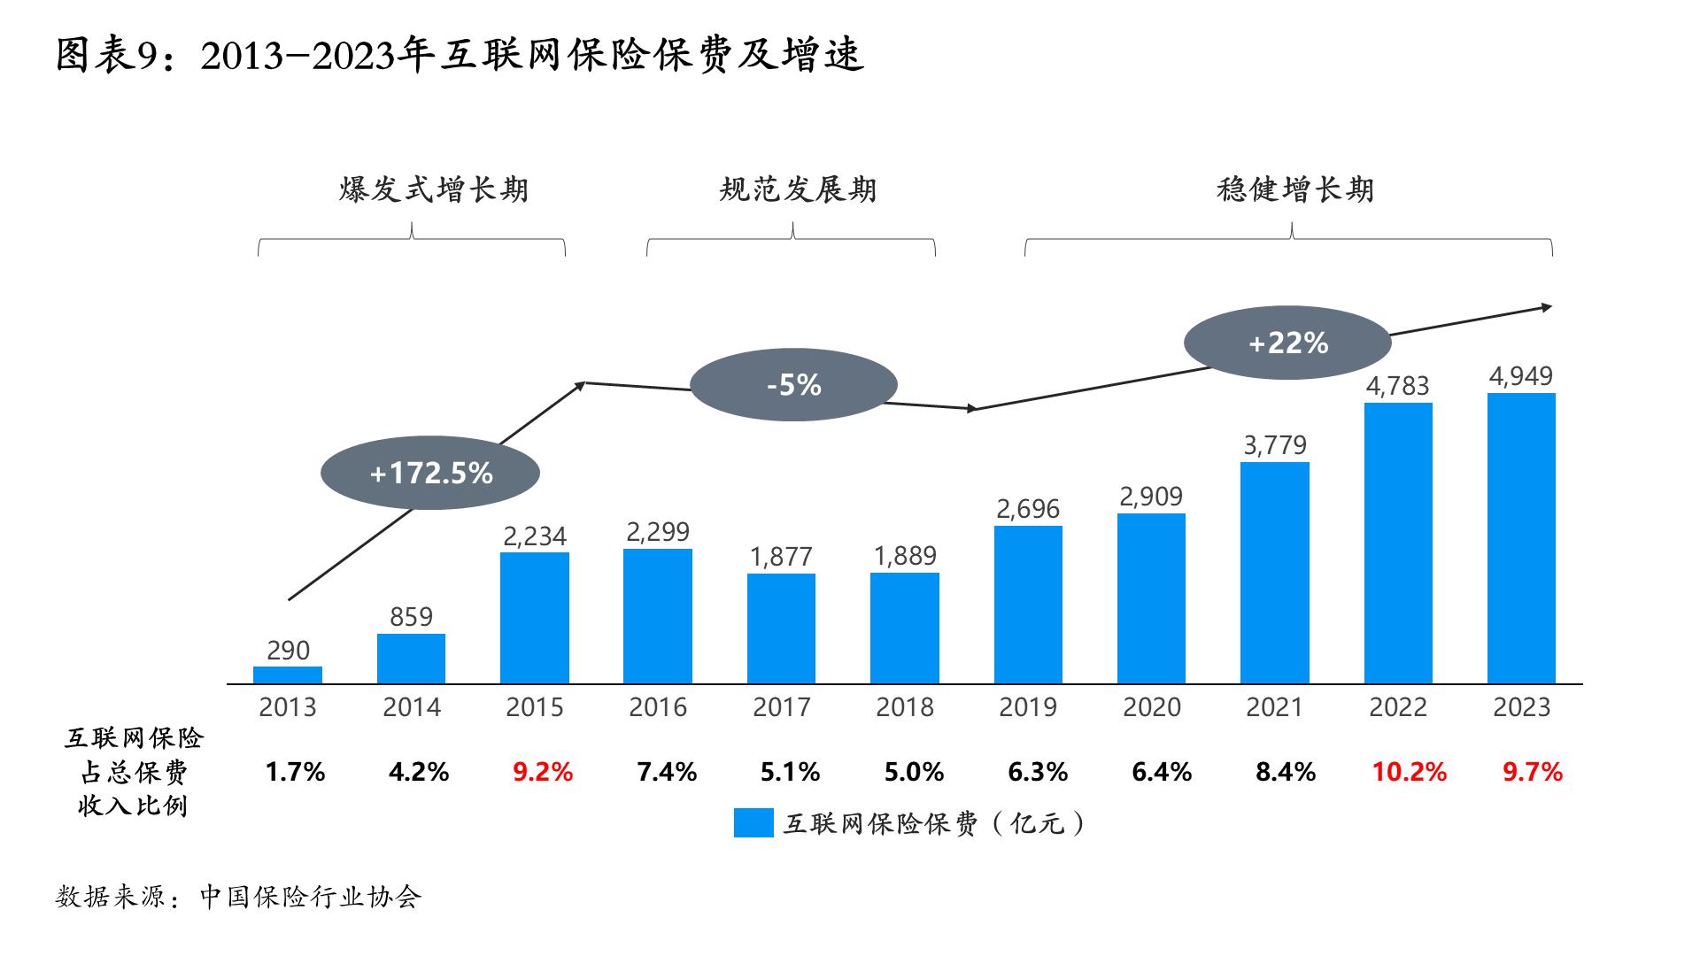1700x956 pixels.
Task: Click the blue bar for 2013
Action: [x=288, y=675]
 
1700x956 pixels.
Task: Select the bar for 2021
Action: [x=1274, y=573]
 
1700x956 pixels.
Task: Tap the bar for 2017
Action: [x=781, y=628]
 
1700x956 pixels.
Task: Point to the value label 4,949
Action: [x=1520, y=376]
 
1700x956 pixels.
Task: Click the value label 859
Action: [x=411, y=616]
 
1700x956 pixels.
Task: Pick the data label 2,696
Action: [x=1027, y=509]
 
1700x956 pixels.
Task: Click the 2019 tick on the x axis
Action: [x=1027, y=707]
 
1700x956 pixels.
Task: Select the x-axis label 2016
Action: [x=658, y=707]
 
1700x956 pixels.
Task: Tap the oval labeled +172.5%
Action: [x=430, y=473]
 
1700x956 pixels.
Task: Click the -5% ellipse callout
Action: [x=793, y=385]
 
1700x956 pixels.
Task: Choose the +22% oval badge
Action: [x=1287, y=343]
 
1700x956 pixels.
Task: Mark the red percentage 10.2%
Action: [x=1409, y=772]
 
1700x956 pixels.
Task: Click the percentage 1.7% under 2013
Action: [x=295, y=772]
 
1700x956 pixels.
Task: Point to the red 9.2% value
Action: [x=543, y=772]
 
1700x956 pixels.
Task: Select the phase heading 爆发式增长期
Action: [x=433, y=189]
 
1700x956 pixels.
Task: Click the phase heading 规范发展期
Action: [x=798, y=189]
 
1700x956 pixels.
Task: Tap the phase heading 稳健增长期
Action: [x=1294, y=189]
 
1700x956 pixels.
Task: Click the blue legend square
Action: [x=753, y=823]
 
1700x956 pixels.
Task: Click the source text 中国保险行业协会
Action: [x=310, y=897]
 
